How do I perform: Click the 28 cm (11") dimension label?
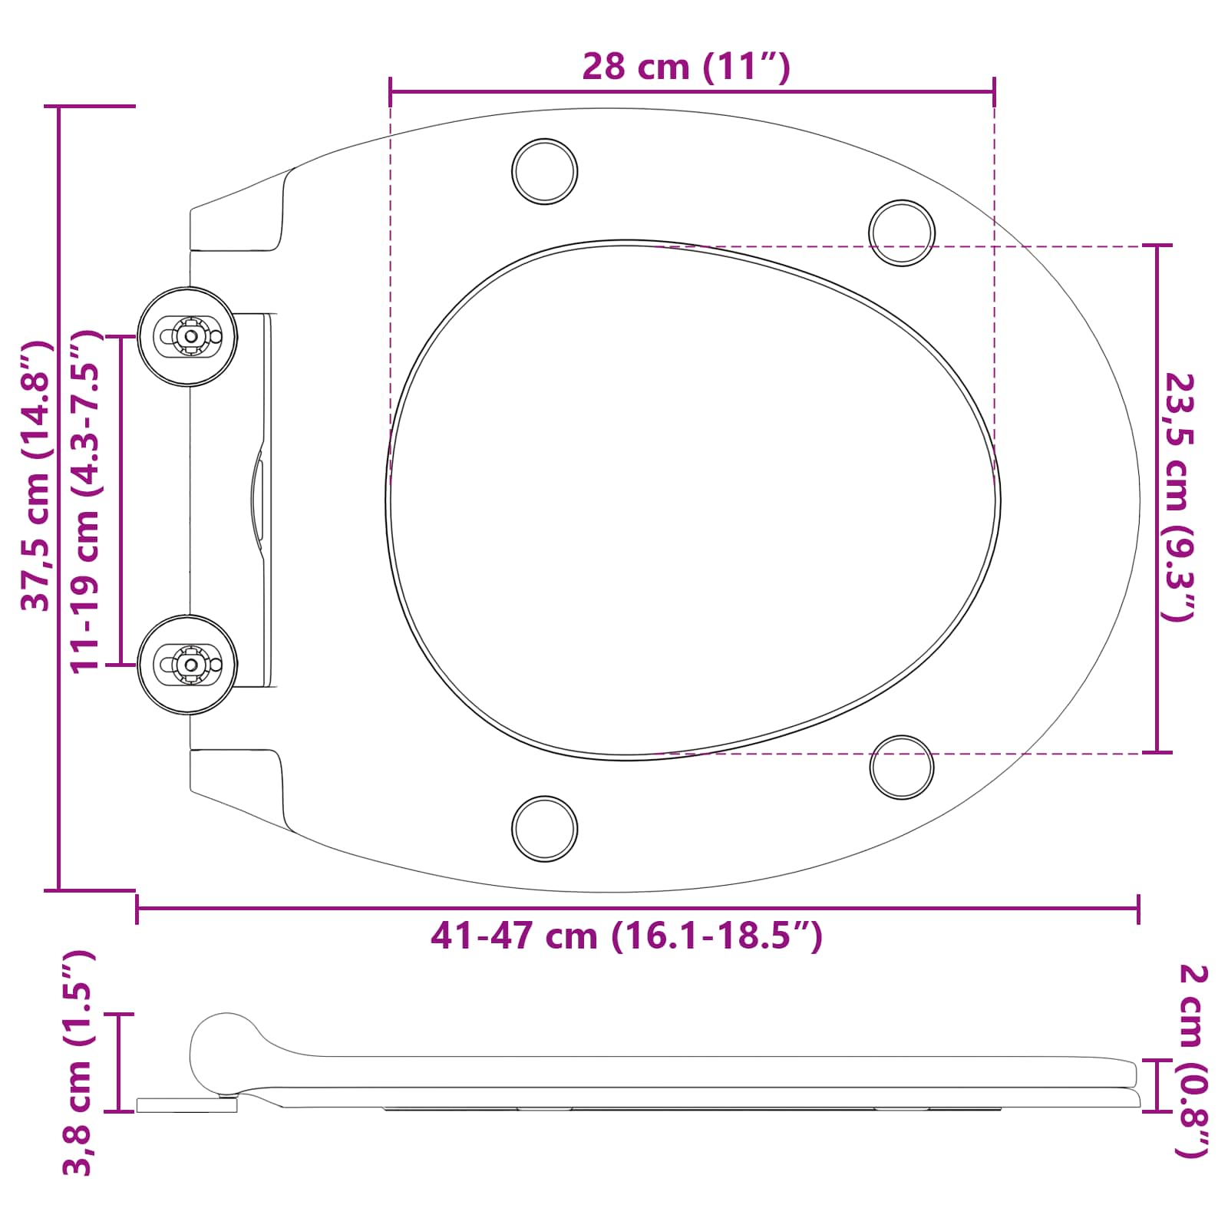(685, 67)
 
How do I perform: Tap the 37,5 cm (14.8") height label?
(36, 477)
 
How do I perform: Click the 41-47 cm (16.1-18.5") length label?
(626, 936)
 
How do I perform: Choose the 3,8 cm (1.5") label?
(78, 1063)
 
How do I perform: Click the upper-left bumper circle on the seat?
(544, 171)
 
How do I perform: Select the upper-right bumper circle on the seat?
(901, 233)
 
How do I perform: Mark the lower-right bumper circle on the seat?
(901, 767)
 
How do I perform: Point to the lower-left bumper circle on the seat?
(544, 829)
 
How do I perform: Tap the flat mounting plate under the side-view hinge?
(187, 1105)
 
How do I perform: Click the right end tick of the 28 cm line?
(994, 92)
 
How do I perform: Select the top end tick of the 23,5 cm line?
(1157, 246)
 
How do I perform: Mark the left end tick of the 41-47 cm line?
(137, 909)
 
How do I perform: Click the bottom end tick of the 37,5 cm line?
(60, 890)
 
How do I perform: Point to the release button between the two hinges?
(257, 500)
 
